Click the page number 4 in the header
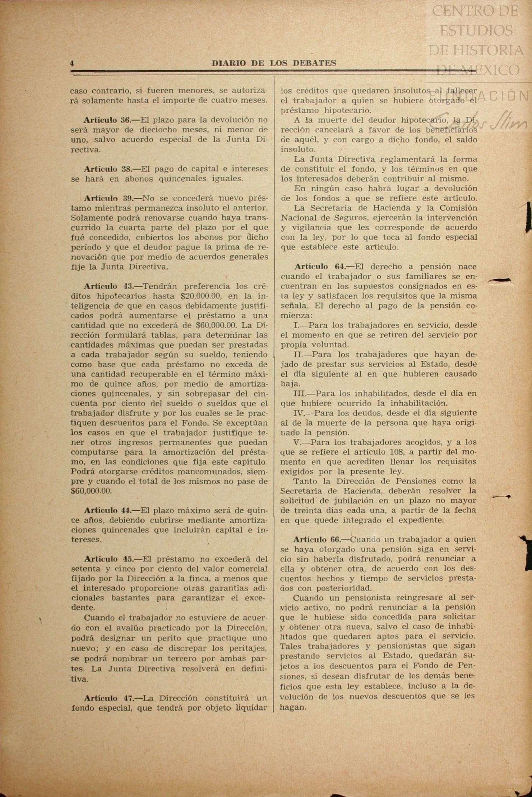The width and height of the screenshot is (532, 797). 72,64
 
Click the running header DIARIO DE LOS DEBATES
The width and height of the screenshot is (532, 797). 274,64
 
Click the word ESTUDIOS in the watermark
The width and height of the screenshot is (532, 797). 476,30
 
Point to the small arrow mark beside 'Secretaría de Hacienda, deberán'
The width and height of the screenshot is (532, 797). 502,497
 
